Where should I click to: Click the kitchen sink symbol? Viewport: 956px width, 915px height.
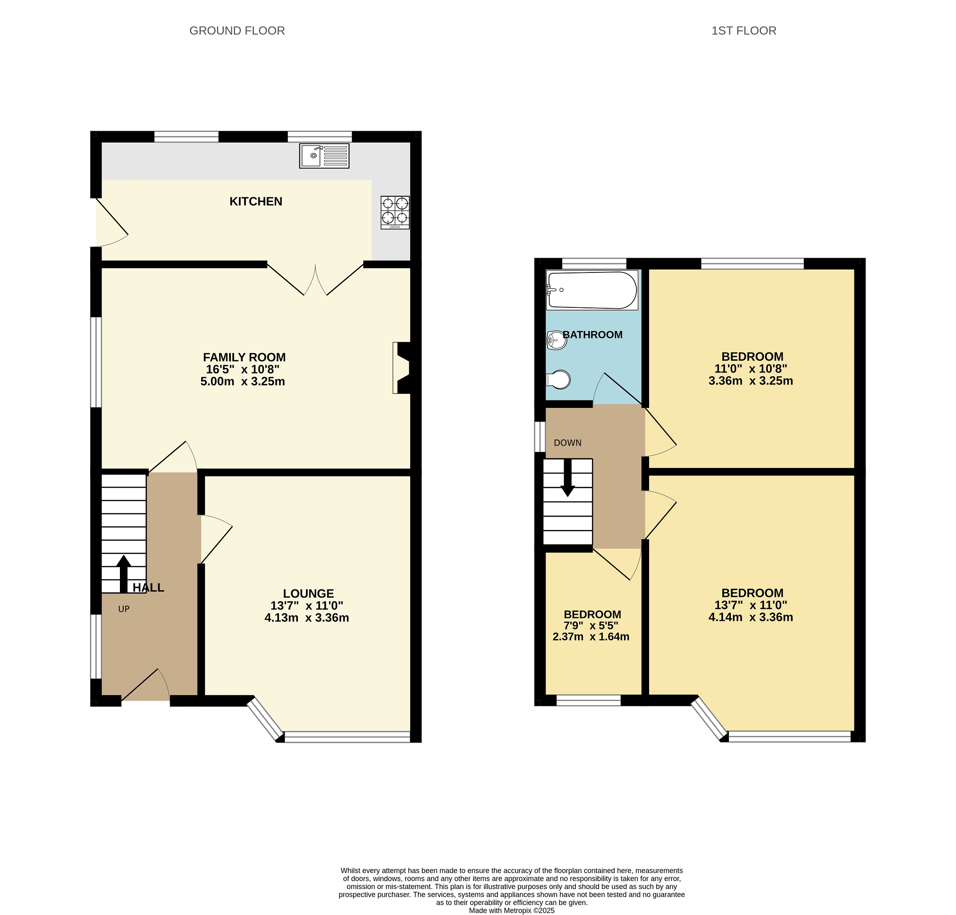pyautogui.click(x=324, y=156)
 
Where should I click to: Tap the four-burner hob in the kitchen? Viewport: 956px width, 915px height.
pyautogui.click(x=395, y=212)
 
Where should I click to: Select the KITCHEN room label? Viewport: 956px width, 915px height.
pyautogui.click(x=255, y=202)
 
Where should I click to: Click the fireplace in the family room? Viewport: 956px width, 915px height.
pyautogui.click(x=401, y=368)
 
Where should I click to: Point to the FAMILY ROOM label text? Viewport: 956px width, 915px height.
pyautogui.click(x=244, y=357)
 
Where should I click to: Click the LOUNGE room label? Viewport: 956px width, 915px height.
pyautogui.click(x=308, y=593)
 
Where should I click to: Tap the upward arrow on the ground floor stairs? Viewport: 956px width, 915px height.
pyautogui.click(x=123, y=574)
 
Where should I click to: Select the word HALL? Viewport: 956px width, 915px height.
pyautogui.click(x=148, y=588)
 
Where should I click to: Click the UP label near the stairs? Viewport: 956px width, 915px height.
pyautogui.click(x=124, y=609)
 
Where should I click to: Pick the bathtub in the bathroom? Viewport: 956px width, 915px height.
pyautogui.click(x=592, y=290)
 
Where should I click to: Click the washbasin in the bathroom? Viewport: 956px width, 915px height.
pyautogui.click(x=556, y=340)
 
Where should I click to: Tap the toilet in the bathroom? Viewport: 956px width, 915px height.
pyautogui.click(x=559, y=380)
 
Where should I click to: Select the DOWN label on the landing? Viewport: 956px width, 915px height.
pyautogui.click(x=568, y=443)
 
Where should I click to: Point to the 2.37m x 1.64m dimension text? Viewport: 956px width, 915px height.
pyautogui.click(x=591, y=636)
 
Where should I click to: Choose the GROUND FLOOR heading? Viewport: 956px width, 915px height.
pyautogui.click(x=237, y=31)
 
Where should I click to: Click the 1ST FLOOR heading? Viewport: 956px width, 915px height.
pyautogui.click(x=744, y=31)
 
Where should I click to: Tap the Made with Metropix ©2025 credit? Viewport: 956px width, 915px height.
pyautogui.click(x=512, y=911)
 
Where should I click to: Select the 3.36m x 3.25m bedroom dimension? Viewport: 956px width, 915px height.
pyautogui.click(x=751, y=381)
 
